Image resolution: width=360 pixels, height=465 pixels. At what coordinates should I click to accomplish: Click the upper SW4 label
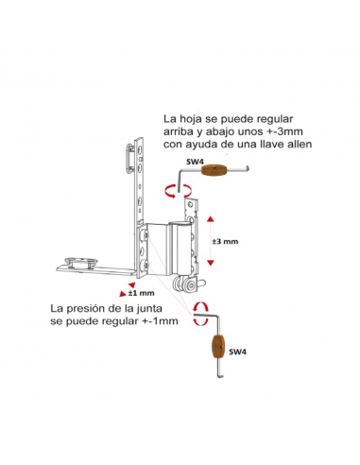tap(195, 162)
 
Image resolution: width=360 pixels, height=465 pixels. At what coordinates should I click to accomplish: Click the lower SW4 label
tap(237, 352)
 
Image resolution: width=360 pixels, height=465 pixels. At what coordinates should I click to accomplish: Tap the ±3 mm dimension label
tap(225, 242)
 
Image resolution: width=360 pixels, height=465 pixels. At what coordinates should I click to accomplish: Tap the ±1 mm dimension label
tap(142, 293)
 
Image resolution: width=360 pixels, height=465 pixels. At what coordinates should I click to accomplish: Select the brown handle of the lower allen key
tap(217, 346)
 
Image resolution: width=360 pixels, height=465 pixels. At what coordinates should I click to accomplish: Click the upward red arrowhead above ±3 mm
tap(211, 219)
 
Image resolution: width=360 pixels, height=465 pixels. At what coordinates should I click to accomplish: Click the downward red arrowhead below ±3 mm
tap(211, 263)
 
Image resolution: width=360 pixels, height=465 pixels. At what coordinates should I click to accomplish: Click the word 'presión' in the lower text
tap(90, 309)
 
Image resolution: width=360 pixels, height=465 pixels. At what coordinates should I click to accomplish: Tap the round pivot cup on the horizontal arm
tap(81, 263)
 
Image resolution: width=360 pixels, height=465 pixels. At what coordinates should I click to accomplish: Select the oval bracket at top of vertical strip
tap(129, 159)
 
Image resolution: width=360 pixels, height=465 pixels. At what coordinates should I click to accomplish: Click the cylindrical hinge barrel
tap(182, 248)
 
